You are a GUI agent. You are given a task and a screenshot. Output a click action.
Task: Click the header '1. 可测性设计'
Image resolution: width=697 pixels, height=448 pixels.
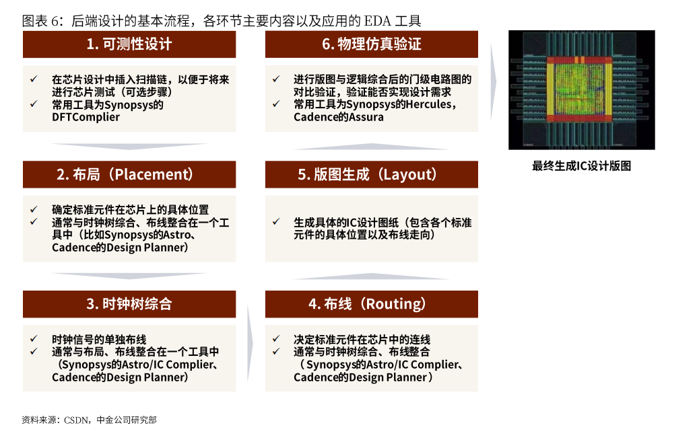coord(129,44)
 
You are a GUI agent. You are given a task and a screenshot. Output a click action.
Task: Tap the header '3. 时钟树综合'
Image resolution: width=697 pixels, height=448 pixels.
coord(129,304)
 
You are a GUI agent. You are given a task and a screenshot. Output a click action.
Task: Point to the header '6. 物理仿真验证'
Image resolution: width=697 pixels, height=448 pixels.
coord(372,44)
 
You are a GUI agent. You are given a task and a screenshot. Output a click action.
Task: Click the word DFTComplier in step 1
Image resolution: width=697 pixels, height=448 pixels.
coord(86,117)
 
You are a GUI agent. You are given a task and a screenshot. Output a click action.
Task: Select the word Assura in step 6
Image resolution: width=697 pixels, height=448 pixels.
coord(366,117)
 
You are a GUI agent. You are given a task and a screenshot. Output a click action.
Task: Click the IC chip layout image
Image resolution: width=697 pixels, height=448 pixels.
coord(581,89)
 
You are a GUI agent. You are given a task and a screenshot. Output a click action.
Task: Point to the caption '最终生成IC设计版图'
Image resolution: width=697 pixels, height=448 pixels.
coord(581,166)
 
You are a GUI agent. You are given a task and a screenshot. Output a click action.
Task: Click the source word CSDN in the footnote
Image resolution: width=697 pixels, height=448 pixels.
coord(76,420)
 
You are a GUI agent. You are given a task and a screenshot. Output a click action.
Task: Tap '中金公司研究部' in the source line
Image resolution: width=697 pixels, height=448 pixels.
coord(127,420)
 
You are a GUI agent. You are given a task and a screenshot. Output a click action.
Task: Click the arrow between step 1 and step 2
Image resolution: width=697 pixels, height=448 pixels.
coord(129,146)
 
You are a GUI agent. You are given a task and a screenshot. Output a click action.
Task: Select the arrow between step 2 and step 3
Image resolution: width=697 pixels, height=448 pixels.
coord(129,276)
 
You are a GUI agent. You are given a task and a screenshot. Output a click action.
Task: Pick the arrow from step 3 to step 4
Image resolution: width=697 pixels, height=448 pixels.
coord(251,343)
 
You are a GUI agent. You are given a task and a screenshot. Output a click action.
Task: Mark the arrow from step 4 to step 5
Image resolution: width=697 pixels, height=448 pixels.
coord(372,276)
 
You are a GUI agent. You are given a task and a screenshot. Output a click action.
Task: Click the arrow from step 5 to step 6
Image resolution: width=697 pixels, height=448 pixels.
coord(372,146)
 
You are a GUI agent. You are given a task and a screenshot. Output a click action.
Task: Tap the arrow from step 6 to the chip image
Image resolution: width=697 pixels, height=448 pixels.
coord(494,81)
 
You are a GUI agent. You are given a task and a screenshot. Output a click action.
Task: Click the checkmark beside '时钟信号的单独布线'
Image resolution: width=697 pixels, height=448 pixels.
coord(34,339)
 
